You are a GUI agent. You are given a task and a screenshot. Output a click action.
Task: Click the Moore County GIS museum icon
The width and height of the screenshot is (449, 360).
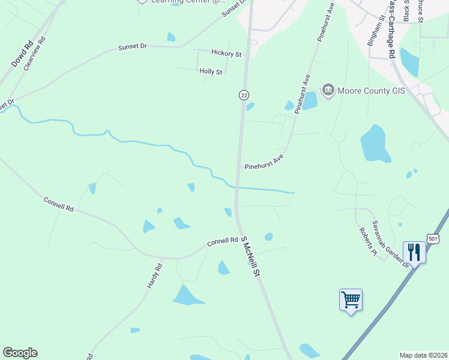(x=328, y=91)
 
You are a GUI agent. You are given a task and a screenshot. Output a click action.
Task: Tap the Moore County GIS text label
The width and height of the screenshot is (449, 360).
(x=372, y=91)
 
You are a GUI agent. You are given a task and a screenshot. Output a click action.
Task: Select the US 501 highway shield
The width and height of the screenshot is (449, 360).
(x=432, y=239)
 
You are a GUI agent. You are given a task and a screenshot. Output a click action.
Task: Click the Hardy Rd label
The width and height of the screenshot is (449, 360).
(x=155, y=276)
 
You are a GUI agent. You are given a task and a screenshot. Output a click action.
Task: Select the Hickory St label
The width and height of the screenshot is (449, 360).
(x=227, y=54)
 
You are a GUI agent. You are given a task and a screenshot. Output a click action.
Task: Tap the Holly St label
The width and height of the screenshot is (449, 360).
(x=211, y=71)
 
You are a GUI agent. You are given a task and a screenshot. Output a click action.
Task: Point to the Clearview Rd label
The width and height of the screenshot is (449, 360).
(x=34, y=54)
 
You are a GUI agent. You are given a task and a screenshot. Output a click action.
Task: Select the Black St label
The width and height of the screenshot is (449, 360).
(x=406, y=10)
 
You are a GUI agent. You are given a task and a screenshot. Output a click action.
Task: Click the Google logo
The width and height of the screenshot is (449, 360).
(x=20, y=353)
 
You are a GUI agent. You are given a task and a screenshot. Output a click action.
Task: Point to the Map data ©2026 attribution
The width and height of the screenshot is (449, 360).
(x=423, y=355)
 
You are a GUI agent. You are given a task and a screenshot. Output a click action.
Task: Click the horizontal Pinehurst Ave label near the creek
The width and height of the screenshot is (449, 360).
(x=263, y=163)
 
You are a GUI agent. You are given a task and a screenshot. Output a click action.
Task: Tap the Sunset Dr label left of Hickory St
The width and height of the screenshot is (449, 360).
(x=133, y=46)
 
